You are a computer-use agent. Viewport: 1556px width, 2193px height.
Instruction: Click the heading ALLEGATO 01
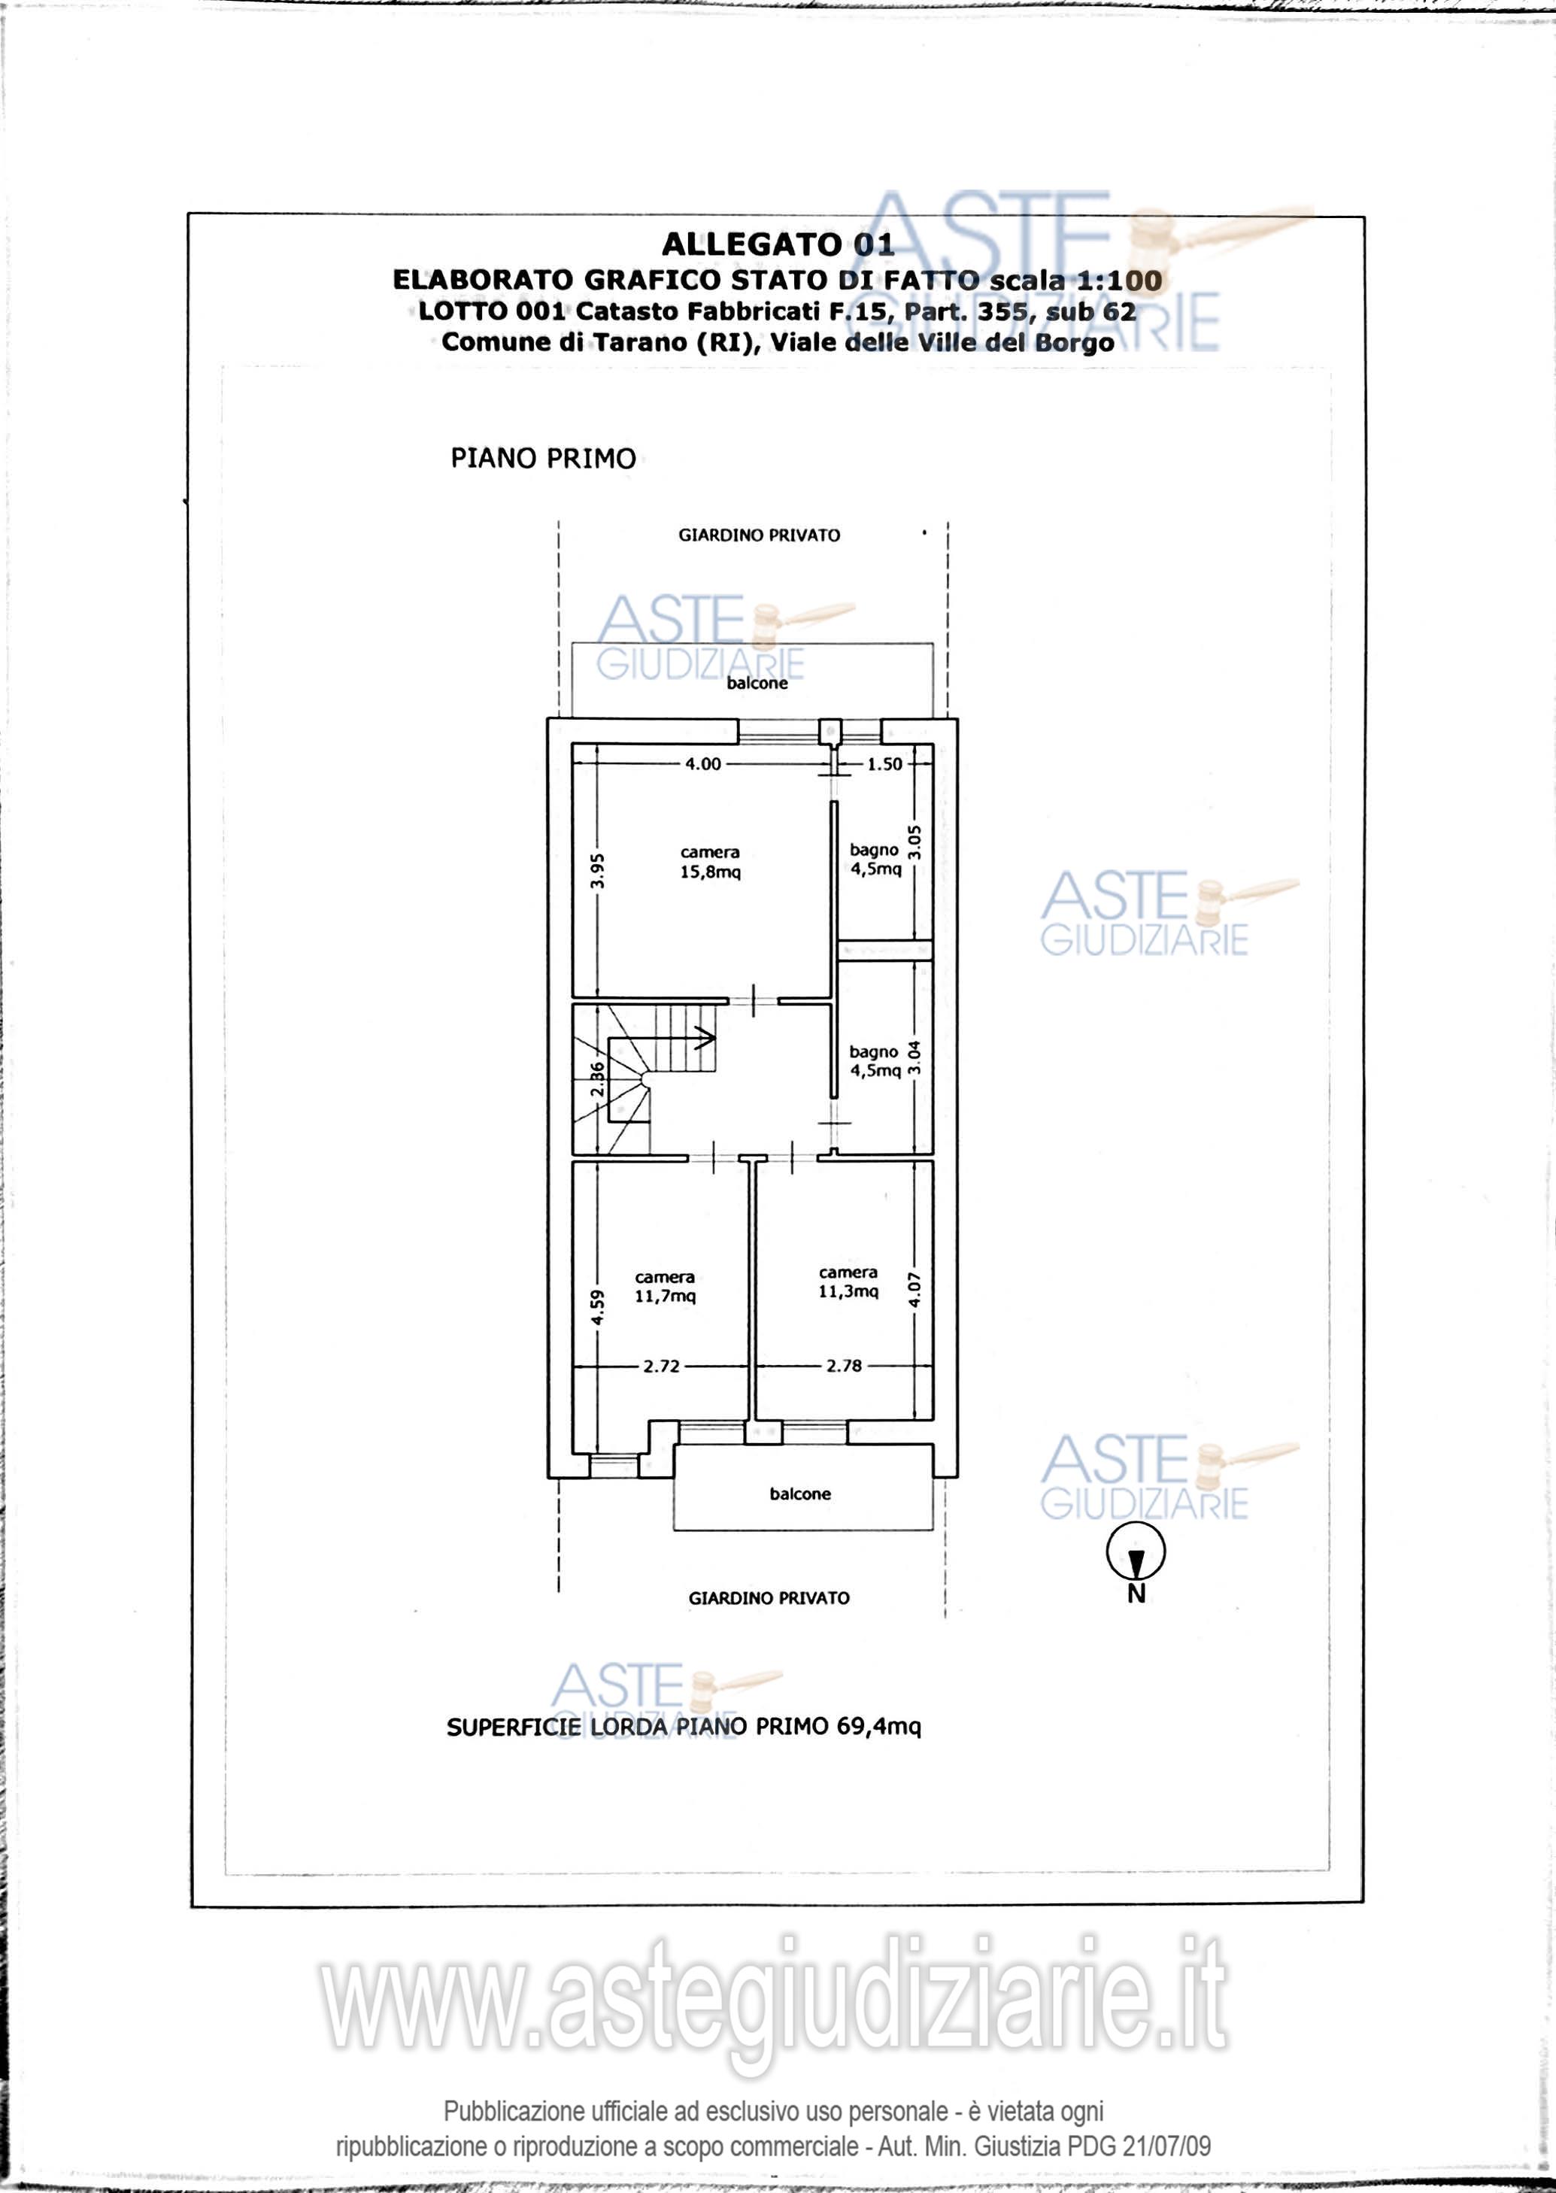[x=777, y=244]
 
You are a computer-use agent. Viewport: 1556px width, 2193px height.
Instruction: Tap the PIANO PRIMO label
[x=543, y=459]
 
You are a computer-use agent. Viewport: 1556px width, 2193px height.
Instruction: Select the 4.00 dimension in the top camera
[x=702, y=765]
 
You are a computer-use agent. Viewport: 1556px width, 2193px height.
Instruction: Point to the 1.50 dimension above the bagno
[x=884, y=765]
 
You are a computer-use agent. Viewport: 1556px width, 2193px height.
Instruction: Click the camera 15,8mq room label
[x=710, y=863]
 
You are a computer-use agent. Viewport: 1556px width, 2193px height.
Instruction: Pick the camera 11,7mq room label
[x=665, y=1287]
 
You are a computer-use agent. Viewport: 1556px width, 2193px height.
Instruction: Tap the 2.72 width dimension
[x=661, y=1366]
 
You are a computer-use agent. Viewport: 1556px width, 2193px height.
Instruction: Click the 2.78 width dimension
[x=844, y=1366]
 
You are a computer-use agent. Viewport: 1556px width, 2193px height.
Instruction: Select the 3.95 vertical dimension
[x=597, y=872]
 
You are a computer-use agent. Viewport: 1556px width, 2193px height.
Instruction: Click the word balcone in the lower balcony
[x=800, y=1494]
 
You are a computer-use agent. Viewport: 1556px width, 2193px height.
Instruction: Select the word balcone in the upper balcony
[x=757, y=683]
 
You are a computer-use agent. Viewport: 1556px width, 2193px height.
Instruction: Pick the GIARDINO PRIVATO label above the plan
[x=759, y=535]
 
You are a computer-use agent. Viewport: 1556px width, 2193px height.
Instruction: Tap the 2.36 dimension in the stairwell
[x=597, y=1081]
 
